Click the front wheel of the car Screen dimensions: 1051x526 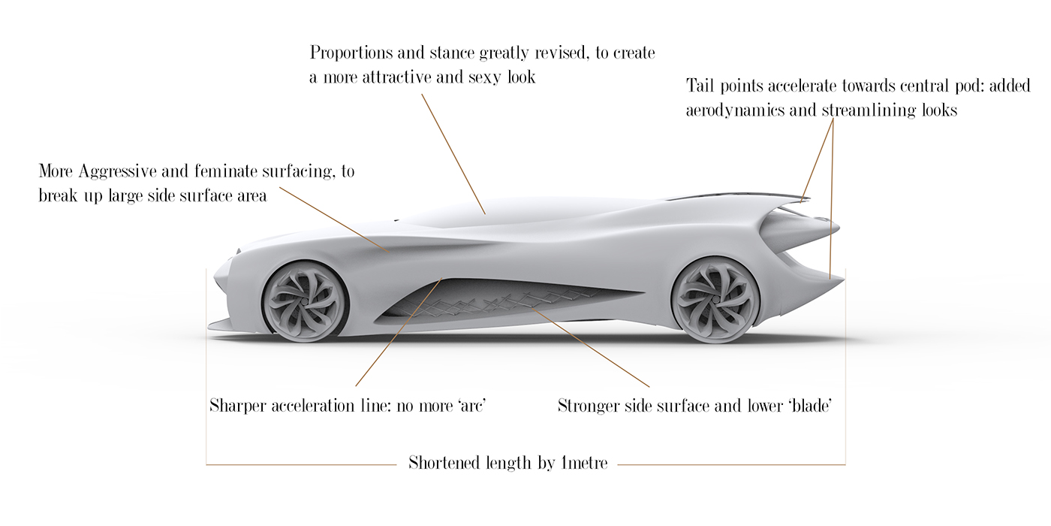(304, 300)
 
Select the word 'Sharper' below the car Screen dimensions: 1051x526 (237, 406)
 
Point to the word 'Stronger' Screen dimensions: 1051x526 (589, 407)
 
